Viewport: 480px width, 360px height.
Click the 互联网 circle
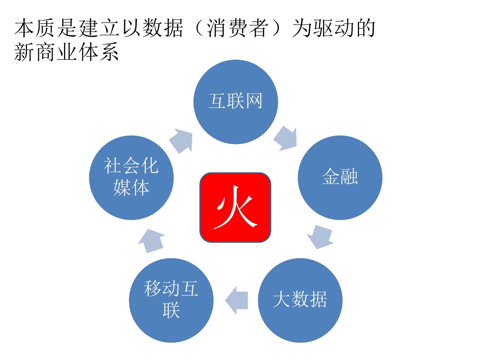[236, 102]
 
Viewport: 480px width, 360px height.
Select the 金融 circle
[340, 177]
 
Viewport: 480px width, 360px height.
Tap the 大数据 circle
[300, 300]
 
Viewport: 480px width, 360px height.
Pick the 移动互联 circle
[171, 300]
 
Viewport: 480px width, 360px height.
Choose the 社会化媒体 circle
[131, 177]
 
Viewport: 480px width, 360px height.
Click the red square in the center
[235, 207]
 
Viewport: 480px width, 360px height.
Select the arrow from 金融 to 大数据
[320, 237]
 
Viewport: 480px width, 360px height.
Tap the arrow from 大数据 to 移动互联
[237, 300]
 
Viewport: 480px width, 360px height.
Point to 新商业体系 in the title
[67, 52]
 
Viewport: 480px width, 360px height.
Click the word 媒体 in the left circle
[131, 188]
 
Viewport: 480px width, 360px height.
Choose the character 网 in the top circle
[254, 101]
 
